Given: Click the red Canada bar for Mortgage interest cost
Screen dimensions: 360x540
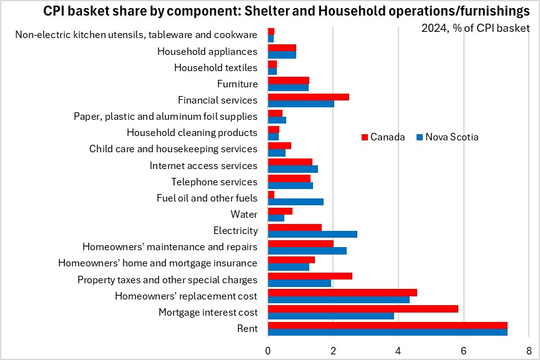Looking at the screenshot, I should pyautogui.click(x=394, y=308).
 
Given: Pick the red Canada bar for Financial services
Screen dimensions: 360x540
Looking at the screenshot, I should pyautogui.click(x=308, y=97).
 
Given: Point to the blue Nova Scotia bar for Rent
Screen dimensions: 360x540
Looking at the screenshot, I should pyautogui.click(x=387, y=332).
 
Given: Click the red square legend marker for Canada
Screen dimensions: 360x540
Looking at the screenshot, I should pyautogui.click(x=365, y=137).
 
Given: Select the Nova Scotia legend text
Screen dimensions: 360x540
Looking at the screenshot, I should pyautogui.click(x=452, y=137).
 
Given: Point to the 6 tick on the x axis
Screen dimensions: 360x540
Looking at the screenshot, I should pyautogui.click(x=463, y=349).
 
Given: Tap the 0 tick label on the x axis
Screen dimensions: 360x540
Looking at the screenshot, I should pyautogui.click(x=268, y=349).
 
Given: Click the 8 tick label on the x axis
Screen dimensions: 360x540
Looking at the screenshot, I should pyautogui.click(x=529, y=349).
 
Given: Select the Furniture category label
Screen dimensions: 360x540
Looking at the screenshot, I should pyautogui.click(x=237, y=84).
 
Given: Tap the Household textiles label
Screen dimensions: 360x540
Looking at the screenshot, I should pyautogui.click(x=215, y=67).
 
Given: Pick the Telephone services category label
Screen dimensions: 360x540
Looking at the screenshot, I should pyautogui.click(x=214, y=182).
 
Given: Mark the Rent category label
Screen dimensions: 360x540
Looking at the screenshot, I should pyautogui.click(x=247, y=329).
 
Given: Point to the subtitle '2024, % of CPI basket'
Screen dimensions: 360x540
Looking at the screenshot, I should pyautogui.click(x=475, y=28).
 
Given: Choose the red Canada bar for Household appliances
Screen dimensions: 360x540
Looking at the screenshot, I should pyautogui.click(x=282, y=47).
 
